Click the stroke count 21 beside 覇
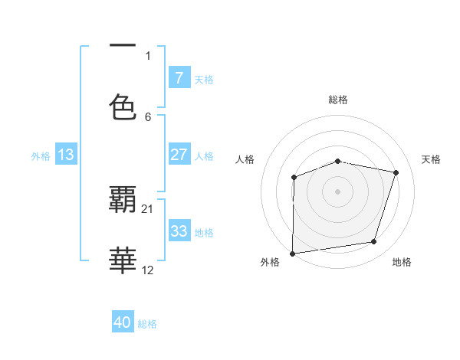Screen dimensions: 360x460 tap(148, 208)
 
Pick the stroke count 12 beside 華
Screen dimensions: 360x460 tap(148, 270)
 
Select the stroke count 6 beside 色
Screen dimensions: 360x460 tap(148, 116)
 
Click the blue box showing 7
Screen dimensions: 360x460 tap(179, 78)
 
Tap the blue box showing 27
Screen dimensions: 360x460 tap(179, 155)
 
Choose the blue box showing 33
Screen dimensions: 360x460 tap(179, 231)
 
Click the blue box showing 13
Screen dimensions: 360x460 tap(66, 155)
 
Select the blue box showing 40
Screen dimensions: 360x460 tap(123, 323)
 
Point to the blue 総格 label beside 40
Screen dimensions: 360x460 tap(148, 324)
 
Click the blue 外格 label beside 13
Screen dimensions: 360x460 tap(41, 155)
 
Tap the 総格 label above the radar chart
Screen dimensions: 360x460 tap(338, 100)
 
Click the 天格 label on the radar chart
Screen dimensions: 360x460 tap(432, 159)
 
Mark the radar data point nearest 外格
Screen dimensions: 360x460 tap(292, 254)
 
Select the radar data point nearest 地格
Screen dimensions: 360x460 tap(374, 242)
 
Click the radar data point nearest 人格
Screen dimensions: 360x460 tap(294, 178)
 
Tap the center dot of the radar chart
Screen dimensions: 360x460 tap(338, 191)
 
